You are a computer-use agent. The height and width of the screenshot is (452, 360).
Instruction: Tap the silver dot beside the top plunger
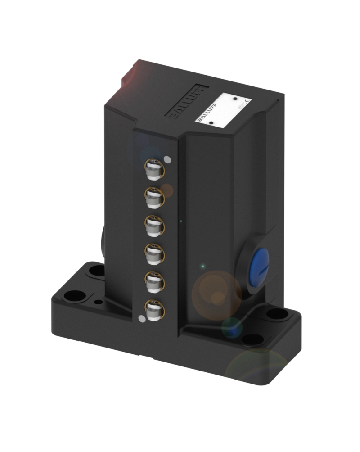[x=167, y=158]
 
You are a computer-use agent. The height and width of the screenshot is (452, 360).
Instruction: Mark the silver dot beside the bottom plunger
[x=142, y=319]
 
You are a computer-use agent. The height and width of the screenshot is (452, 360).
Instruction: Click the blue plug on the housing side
[x=259, y=262]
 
